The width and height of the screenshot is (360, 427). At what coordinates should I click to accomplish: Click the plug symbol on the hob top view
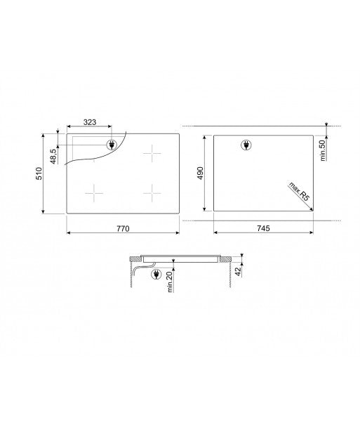pos(111,145)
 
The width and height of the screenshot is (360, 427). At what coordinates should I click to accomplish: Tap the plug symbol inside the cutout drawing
pos(246,145)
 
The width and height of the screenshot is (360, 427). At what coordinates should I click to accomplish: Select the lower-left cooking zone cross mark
pos(93,191)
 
